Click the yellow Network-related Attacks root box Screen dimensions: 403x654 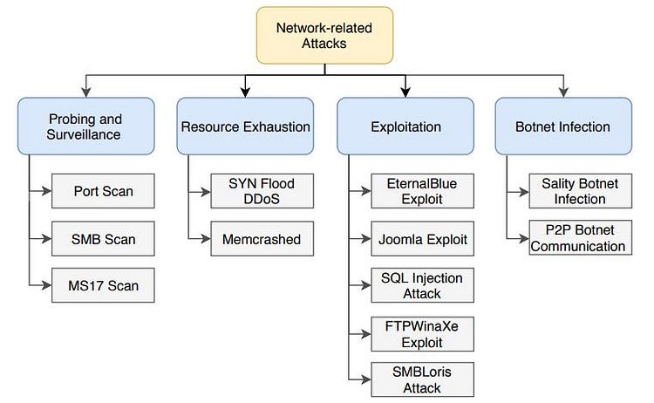click(324, 36)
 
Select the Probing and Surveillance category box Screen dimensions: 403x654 click(85, 126)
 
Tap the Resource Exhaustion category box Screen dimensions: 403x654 click(245, 126)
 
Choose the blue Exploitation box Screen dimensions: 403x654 click(405, 126)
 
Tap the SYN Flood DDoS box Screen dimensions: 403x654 click(262, 192)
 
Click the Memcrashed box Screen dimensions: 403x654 click(262, 238)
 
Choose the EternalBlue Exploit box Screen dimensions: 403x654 click(422, 192)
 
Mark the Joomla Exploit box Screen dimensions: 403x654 click(422, 238)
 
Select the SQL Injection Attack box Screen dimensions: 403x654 click(422, 285)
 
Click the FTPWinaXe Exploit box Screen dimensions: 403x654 click(422, 332)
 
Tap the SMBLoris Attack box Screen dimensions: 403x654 click(422, 379)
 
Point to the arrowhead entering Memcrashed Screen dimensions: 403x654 click(206, 238)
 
